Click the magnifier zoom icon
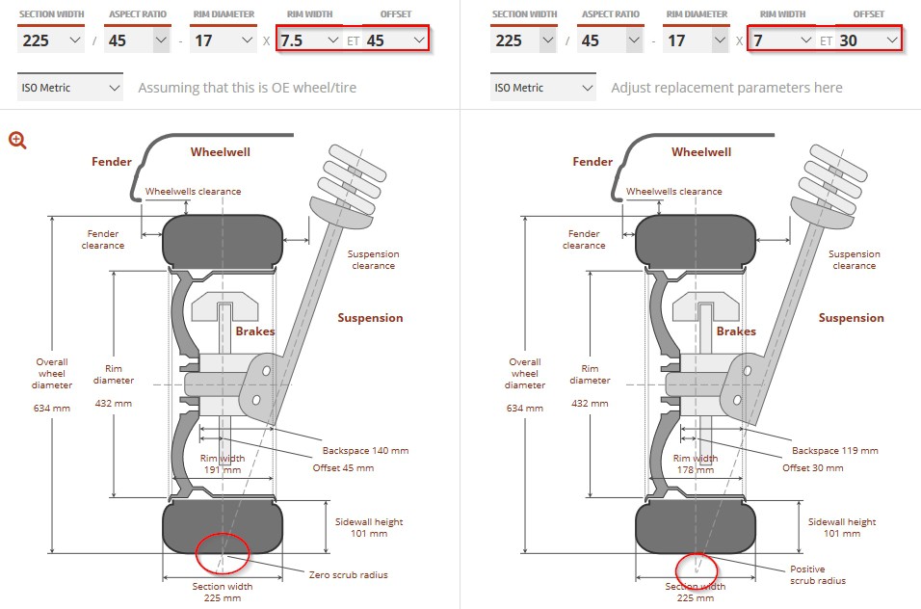[17, 140]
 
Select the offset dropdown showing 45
[396, 40]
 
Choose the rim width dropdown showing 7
[781, 40]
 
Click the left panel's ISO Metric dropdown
[70, 88]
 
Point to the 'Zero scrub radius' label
[349, 575]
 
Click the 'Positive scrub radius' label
[818, 575]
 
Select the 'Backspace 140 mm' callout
[365, 450]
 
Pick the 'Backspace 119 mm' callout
[835, 450]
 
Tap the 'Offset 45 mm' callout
[343, 468]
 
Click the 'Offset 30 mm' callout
[813, 468]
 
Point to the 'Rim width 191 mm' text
[223, 463]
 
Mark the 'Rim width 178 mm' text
[696, 463]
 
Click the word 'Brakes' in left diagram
[255, 331]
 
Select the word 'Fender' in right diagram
[592, 162]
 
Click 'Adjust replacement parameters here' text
[726, 88]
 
